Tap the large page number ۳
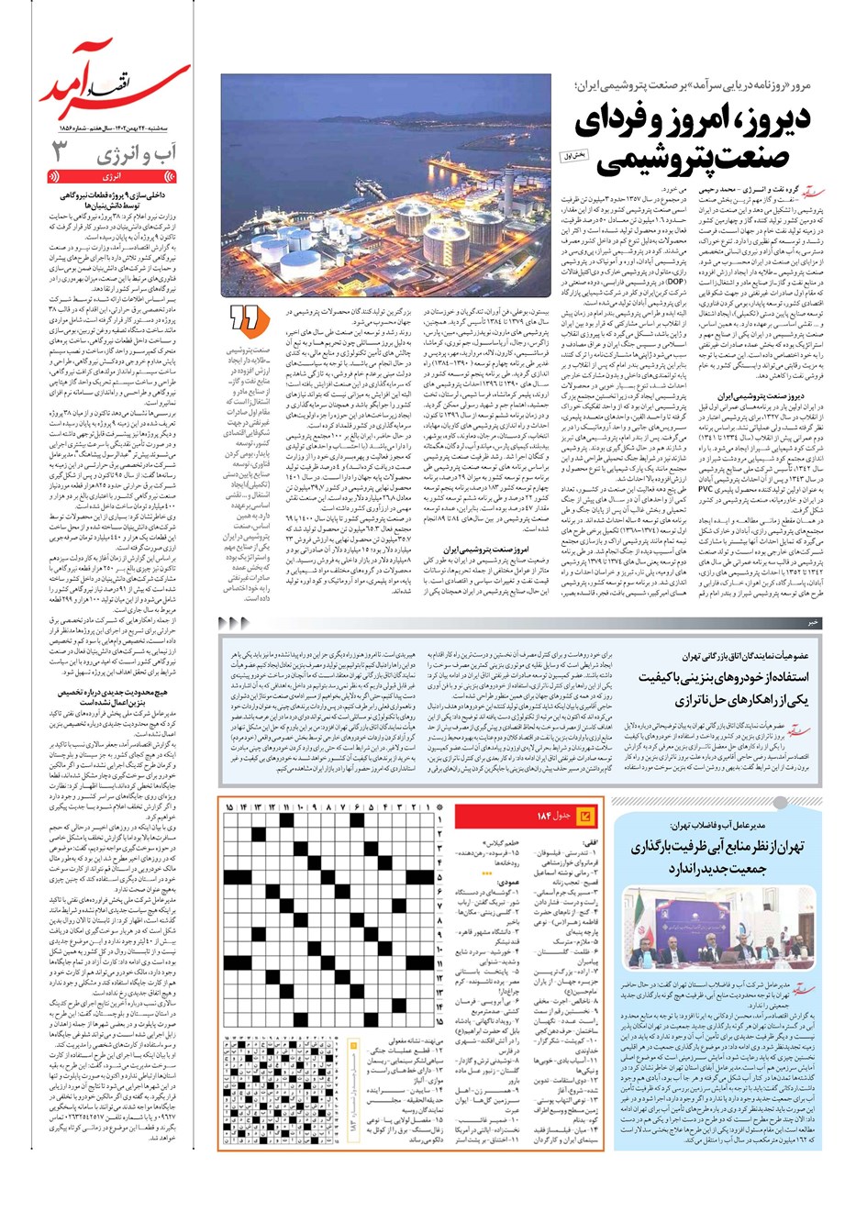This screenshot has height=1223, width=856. pos(59,151)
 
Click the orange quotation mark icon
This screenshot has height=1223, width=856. pos(246,317)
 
